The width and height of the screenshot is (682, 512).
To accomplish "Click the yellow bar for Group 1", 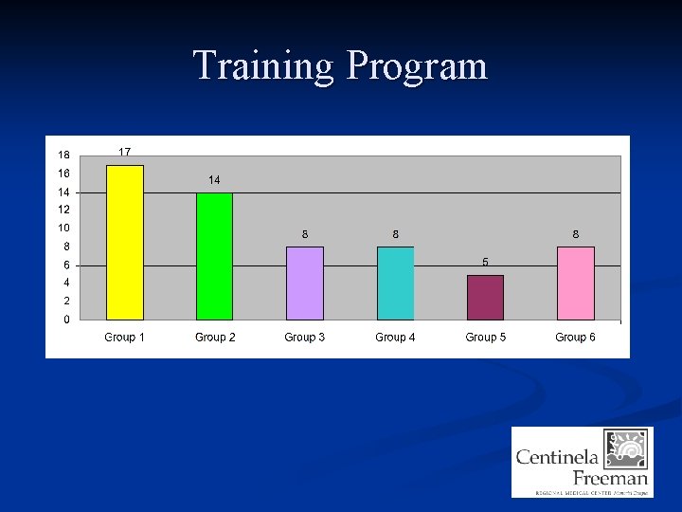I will pyautogui.click(x=125, y=243).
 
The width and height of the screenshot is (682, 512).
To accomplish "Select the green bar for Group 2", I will pyautogui.click(x=214, y=256).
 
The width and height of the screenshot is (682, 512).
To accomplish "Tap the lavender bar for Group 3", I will pyautogui.click(x=305, y=283).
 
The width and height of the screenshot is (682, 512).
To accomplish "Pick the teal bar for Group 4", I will pyautogui.click(x=395, y=283).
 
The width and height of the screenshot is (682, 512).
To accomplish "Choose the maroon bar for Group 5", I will pyautogui.click(x=485, y=298).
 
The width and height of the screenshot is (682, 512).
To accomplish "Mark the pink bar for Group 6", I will pyautogui.click(x=575, y=283).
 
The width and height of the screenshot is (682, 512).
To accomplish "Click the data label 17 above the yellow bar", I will pyautogui.click(x=124, y=152).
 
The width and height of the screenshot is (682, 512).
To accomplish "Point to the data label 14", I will pyautogui.click(x=214, y=179).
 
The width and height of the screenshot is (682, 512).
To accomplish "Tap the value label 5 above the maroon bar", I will pyautogui.click(x=485, y=262).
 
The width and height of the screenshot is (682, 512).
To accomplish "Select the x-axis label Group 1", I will pyautogui.click(x=124, y=338).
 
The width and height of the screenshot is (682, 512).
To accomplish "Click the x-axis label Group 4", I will pyautogui.click(x=395, y=338).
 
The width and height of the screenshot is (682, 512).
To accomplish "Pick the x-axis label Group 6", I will pyautogui.click(x=575, y=338).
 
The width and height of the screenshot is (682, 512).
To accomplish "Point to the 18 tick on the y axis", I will pyautogui.click(x=63, y=155).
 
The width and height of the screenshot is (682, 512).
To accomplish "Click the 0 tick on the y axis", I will pyautogui.click(x=65, y=320).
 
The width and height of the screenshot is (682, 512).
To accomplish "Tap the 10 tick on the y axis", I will pyautogui.click(x=63, y=229).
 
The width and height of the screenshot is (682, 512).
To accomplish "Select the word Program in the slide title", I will pyautogui.click(x=417, y=66).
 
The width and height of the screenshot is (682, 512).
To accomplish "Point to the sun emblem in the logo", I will pyautogui.click(x=627, y=448).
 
